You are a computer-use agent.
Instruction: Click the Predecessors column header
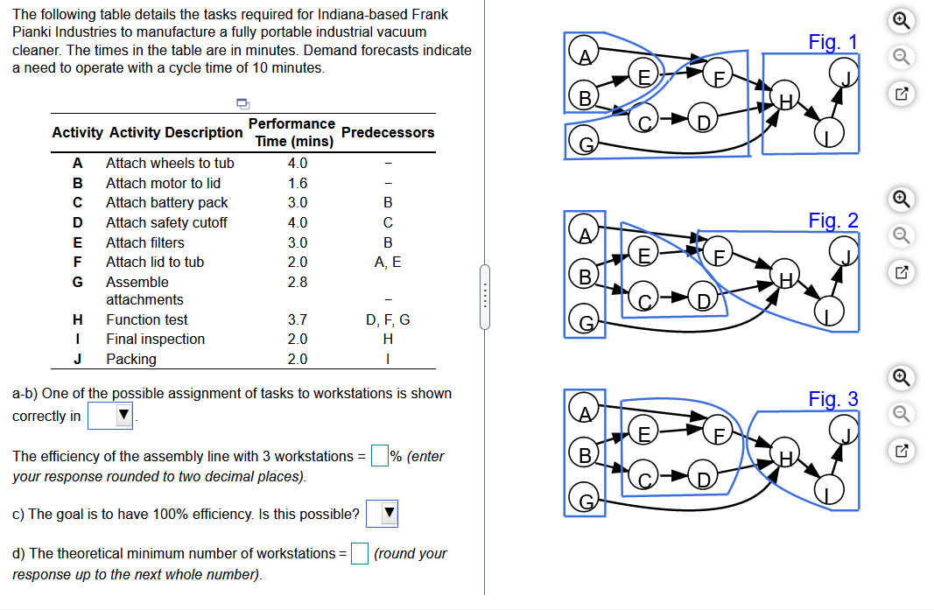click(x=388, y=132)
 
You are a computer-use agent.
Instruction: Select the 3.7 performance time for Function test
click(x=298, y=320)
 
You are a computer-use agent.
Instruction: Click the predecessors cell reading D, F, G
click(x=388, y=320)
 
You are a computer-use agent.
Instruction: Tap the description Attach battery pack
click(x=167, y=202)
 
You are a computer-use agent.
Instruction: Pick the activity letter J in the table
click(x=77, y=359)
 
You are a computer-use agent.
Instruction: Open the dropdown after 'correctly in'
click(x=110, y=415)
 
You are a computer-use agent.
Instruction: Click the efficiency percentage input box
click(x=379, y=456)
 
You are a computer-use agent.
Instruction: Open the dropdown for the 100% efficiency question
click(x=382, y=514)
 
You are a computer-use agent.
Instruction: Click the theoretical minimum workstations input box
click(x=359, y=553)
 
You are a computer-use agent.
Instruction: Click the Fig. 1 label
click(x=832, y=42)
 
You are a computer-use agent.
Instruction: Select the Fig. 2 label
click(x=832, y=221)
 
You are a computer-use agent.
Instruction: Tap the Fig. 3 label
click(x=832, y=398)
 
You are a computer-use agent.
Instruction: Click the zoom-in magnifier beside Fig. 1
click(x=902, y=20)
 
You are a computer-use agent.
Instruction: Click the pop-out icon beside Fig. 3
click(x=902, y=451)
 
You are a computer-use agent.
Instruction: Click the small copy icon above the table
click(x=242, y=103)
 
